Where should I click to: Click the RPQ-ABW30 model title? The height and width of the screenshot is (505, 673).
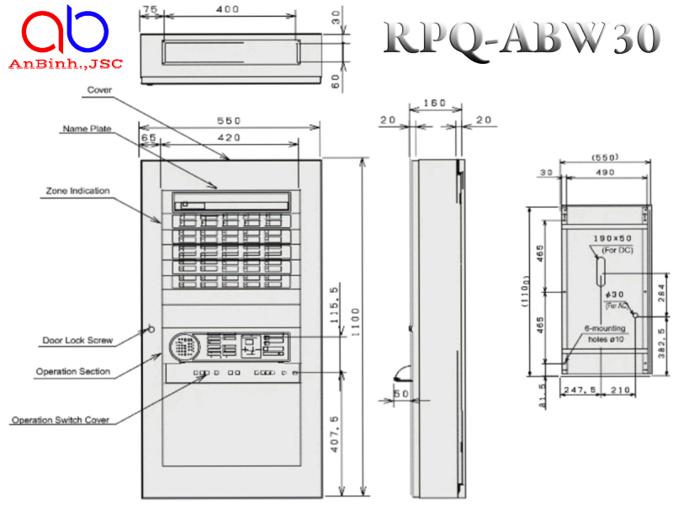pos(521,37)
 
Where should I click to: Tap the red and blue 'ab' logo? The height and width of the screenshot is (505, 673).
pos(65,32)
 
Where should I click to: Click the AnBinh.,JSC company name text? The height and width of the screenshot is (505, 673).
pos(65,64)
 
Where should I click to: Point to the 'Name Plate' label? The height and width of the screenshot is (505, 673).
pos(87,129)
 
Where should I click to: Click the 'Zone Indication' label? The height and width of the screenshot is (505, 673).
pos(77,191)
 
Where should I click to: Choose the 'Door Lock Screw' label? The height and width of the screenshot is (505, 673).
pos(77,341)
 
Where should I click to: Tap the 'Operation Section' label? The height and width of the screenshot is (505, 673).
pos(73,371)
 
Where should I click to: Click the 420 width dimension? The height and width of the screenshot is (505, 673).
pos(229,138)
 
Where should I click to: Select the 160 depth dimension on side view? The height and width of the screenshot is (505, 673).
pos(434,104)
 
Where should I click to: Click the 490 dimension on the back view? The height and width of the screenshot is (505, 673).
pos(605,172)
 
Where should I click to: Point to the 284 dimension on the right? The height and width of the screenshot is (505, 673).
pos(662,292)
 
